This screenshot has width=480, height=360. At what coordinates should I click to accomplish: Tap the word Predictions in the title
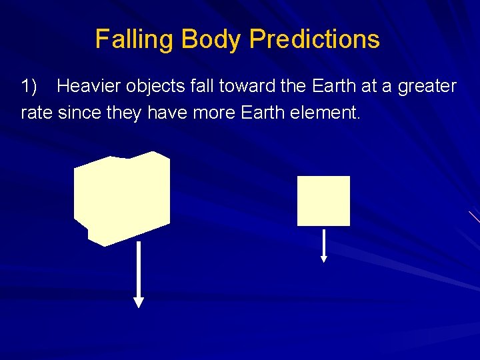tap(315, 39)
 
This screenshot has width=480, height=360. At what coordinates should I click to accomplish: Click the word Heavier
tap(89, 86)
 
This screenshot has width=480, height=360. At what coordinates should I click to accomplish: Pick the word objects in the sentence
tap(157, 86)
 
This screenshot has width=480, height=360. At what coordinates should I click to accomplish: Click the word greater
tap(427, 87)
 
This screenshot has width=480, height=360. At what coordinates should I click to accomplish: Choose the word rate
tap(37, 113)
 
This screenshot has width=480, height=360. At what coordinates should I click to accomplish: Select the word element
tap(326, 113)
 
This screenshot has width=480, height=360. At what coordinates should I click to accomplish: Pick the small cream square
tap(323, 201)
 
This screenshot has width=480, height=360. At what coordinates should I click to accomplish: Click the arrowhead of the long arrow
tap(139, 302)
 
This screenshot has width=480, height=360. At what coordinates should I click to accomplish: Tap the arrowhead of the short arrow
tap(324, 259)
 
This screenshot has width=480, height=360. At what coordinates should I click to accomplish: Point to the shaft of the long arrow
tap(139, 270)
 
